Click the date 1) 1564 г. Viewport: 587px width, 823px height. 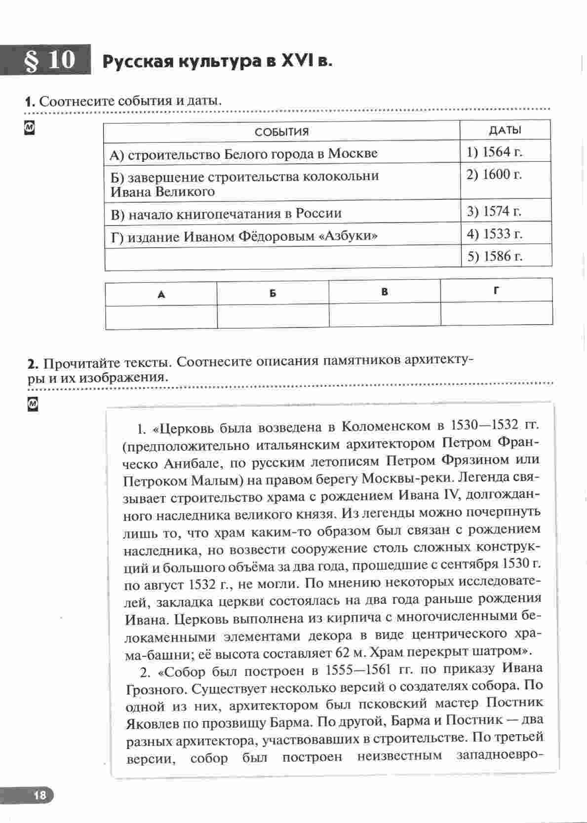coord(494,152)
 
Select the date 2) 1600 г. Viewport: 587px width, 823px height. coord(494,175)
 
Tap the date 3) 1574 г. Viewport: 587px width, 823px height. coord(494,211)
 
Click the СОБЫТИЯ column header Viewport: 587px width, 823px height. coord(281,132)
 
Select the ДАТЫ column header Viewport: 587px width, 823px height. coord(505,130)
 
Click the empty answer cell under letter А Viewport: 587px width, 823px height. coord(161,316)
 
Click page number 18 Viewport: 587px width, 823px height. coord(39,795)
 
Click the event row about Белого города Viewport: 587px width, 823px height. coord(243,154)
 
